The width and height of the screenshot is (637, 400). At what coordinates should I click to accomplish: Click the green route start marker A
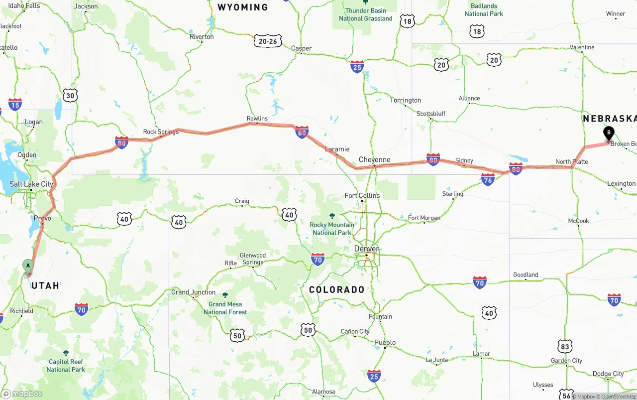click(x=28, y=266)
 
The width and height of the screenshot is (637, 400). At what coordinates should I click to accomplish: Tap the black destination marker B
click(x=608, y=133)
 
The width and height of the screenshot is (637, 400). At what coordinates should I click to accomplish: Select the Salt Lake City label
click(x=31, y=184)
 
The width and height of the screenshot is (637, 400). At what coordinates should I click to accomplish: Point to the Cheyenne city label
click(x=375, y=160)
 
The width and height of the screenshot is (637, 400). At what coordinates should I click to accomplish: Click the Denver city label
click(x=367, y=249)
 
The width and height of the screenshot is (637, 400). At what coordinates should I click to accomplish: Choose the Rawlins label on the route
click(x=257, y=119)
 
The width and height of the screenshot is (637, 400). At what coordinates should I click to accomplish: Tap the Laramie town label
click(x=337, y=149)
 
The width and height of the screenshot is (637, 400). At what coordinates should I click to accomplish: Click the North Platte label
click(x=572, y=161)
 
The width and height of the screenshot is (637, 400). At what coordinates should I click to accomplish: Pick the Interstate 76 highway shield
click(x=488, y=179)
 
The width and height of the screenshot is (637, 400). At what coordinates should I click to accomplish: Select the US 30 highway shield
click(x=71, y=96)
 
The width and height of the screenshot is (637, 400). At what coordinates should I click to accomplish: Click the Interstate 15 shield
click(x=15, y=104)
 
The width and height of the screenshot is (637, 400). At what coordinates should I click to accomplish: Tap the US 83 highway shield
click(x=564, y=346)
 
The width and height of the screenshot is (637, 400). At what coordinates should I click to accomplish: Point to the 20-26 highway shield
click(x=268, y=41)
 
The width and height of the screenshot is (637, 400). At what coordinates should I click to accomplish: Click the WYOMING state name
click(x=243, y=7)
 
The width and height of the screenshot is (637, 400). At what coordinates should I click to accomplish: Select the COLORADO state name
click(x=337, y=289)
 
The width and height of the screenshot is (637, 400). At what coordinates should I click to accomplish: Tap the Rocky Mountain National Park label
click(x=332, y=229)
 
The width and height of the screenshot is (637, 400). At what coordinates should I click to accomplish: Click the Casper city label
click(x=302, y=48)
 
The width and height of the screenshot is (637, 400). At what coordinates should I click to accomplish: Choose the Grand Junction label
click(x=194, y=292)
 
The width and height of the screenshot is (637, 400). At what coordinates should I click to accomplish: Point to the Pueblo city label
click(x=385, y=342)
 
